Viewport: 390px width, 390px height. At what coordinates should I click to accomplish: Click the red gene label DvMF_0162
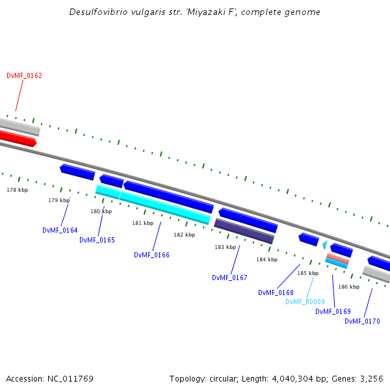pos(24,75)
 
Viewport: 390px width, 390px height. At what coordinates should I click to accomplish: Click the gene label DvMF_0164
pos(60,230)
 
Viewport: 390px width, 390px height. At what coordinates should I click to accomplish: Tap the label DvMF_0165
pos(97,240)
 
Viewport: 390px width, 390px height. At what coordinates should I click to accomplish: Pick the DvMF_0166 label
pos(151,255)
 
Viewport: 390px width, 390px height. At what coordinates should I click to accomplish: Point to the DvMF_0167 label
pos(229,278)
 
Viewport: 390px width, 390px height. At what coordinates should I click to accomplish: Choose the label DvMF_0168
pos(276,292)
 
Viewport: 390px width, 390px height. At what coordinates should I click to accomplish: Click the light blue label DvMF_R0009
pos(305,302)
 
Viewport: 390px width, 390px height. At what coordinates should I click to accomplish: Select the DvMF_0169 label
pos(333,311)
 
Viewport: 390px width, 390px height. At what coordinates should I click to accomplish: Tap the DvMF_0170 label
pos(362,321)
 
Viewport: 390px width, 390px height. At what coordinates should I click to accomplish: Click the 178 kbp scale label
pos(18,190)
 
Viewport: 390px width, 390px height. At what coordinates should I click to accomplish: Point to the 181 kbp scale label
pos(142,223)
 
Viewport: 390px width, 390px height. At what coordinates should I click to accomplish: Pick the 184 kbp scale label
pos(266,259)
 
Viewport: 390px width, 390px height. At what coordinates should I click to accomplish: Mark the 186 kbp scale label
pos(348,287)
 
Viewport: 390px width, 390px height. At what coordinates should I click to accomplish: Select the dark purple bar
pos(244,231)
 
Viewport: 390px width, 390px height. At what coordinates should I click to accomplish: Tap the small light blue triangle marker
pos(324,244)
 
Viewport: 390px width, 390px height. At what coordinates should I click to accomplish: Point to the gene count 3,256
pos(370,378)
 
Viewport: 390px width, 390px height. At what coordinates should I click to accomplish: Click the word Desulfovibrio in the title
pos(97,12)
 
